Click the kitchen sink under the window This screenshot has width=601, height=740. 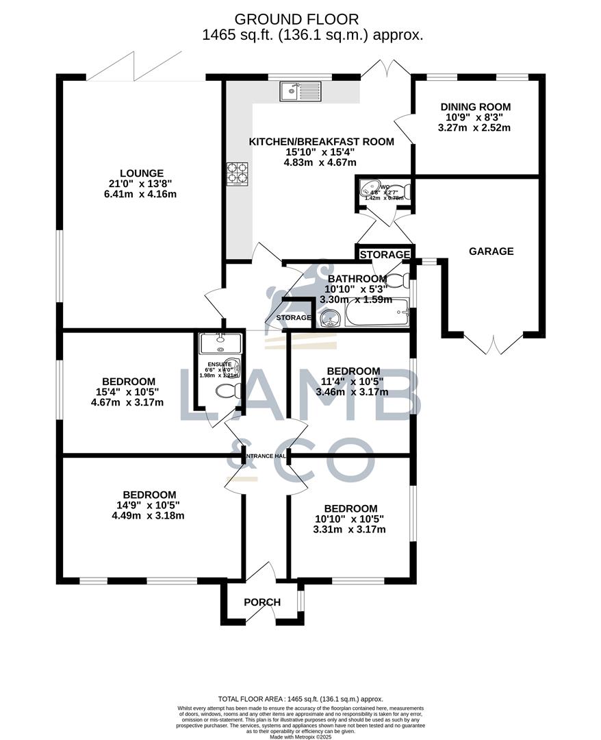point(300,91)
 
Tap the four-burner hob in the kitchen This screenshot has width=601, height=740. point(237,173)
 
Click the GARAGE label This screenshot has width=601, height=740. point(491,251)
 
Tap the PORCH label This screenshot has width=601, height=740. point(262,602)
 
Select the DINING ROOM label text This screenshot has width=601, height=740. point(476,107)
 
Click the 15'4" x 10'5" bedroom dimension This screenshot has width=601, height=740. point(129,392)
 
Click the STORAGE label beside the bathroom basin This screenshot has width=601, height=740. point(294,318)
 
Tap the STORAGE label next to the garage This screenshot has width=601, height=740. point(385,255)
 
